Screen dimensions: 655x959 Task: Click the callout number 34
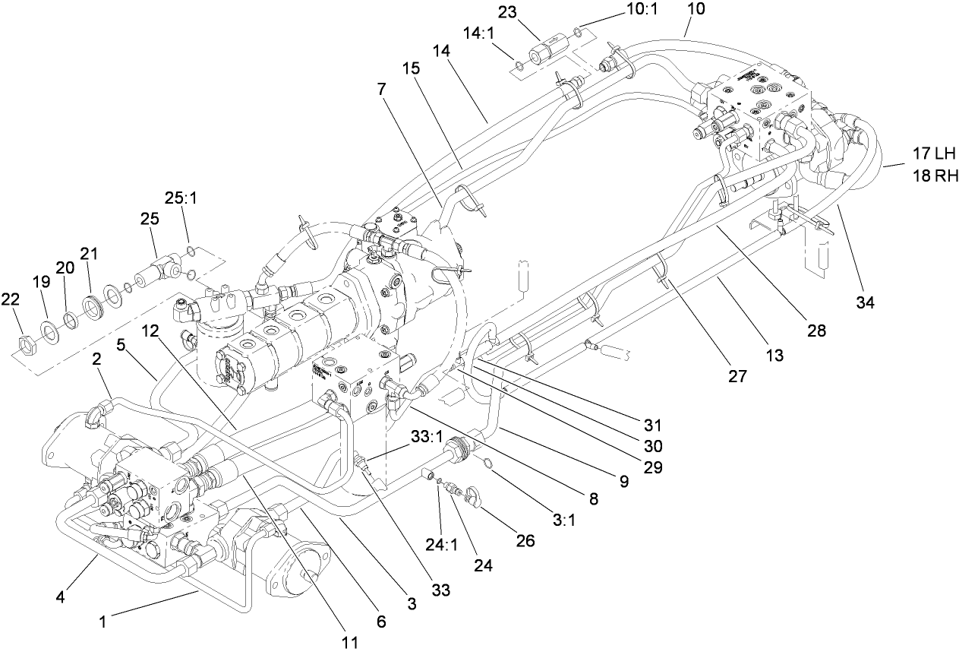click(x=866, y=302)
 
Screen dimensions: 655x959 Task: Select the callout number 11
click(x=349, y=641)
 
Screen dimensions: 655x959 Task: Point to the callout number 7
click(x=382, y=89)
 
